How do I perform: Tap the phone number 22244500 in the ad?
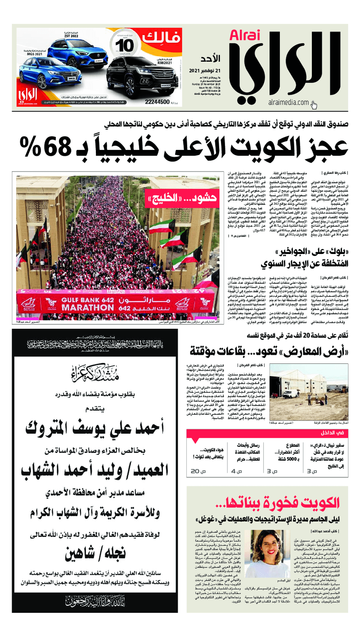point(158,102)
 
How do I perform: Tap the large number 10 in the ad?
point(122,47)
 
